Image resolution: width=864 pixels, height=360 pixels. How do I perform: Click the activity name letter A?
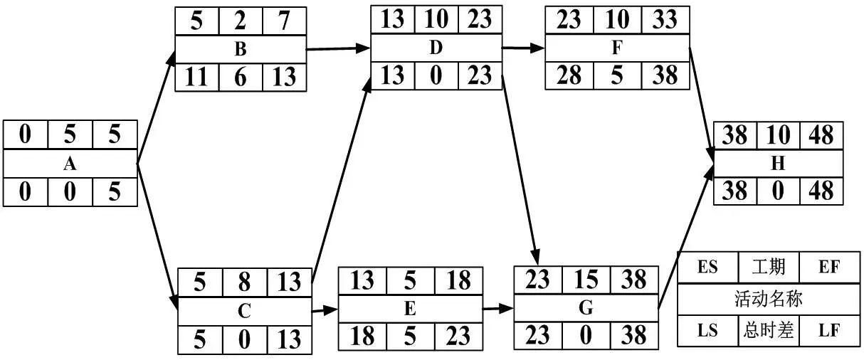click(70, 164)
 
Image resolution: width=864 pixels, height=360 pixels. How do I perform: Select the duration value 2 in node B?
click(240, 21)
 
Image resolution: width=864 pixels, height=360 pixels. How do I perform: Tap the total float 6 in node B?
click(240, 77)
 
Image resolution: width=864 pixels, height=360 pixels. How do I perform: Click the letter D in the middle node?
click(436, 48)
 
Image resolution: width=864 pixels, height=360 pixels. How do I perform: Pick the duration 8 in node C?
click(244, 282)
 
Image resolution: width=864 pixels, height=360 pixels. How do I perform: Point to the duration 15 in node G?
click(586, 280)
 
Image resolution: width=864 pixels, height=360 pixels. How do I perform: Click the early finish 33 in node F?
click(665, 19)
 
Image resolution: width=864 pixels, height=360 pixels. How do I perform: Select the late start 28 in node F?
click(569, 75)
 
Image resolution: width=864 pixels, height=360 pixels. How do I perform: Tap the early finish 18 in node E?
click(458, 280)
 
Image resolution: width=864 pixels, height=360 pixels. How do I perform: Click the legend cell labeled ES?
click(708, 267)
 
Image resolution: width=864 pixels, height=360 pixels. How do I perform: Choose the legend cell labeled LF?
click(829, 331)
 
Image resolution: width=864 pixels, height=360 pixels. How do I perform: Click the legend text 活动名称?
click(769, 299)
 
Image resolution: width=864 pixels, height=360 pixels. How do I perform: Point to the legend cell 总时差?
click(769, 331)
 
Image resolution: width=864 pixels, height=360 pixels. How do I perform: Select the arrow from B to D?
click(338, 48)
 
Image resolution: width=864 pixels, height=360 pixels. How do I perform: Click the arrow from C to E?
click(325, 310)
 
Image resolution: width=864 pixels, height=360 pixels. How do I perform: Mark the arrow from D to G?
click(520, 169)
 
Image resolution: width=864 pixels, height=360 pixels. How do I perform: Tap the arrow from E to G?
click(498, 308)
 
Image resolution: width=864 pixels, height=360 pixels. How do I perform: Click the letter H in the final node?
click(778, 164)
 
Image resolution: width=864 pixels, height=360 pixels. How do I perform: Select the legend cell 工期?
click(769, 267)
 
